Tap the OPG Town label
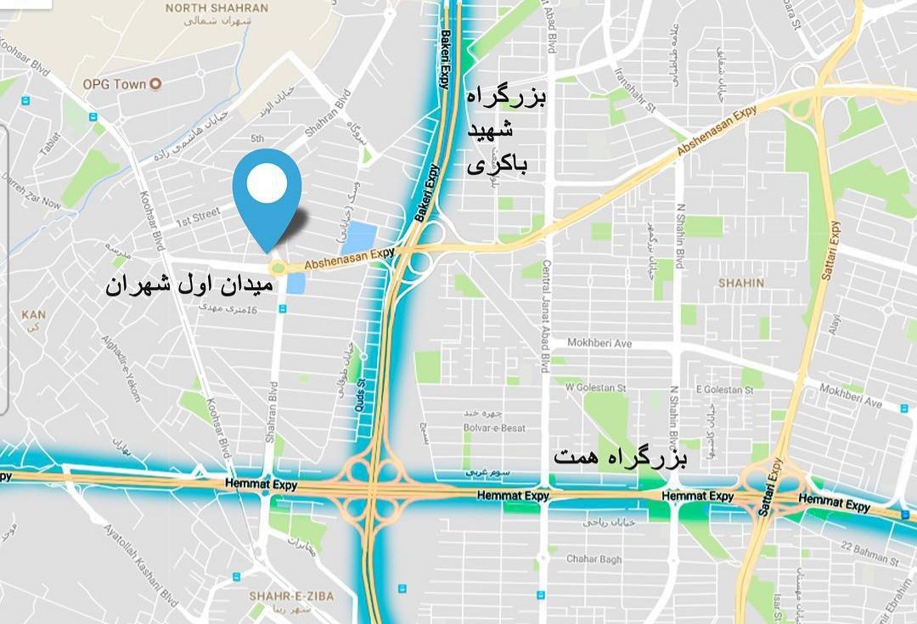[x=115, y=84]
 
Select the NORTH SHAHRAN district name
[x=217, y=8]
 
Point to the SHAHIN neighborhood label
[x=740, y=283]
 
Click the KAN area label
[x=34, y=315]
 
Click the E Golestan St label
[x=724, y=390]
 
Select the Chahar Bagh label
[x=594, y=559]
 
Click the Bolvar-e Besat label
[x=494, y=428]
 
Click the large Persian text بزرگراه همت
[x=621, y=458]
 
